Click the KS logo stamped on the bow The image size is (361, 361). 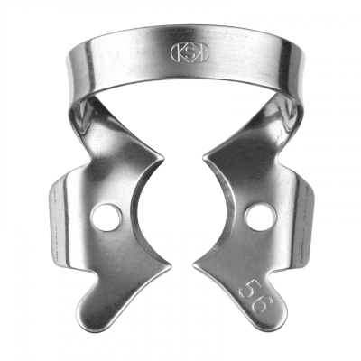pos(190,53)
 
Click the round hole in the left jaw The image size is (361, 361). pos(106,218)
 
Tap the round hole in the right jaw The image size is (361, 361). pos(261,218)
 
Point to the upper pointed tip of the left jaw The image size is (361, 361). pos(163,157)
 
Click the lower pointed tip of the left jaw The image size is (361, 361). pos(171,265)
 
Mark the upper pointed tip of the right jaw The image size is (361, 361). pos(203,158)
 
